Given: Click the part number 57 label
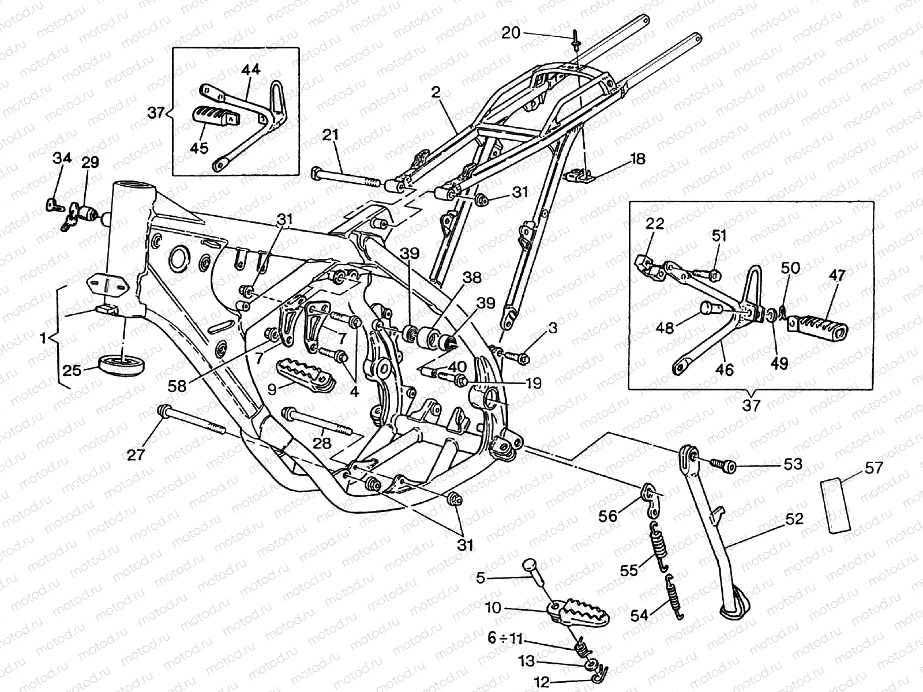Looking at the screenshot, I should tap(874, 468).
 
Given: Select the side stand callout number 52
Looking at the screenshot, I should tap(794, 519).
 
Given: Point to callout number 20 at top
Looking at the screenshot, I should tap(511, 33).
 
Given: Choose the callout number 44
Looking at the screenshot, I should tap(251, 70).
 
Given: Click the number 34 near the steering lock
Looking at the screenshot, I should tap(63, 157).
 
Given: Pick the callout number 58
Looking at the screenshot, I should tap(178, 386).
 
